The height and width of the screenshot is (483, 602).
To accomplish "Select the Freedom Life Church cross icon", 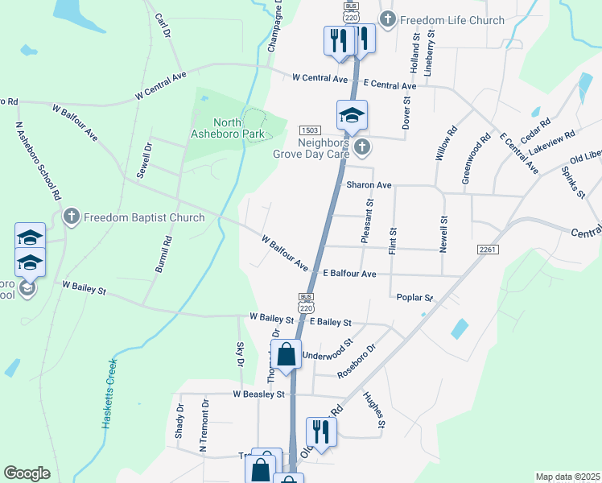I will point(388,20).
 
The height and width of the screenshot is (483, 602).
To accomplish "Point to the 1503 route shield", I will point(310,130).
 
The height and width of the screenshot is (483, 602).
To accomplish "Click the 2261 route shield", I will point(488,250).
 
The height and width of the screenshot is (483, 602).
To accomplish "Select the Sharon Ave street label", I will point(369,185).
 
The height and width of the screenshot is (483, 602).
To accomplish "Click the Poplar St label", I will point(415,297).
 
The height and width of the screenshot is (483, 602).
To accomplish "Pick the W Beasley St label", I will point(259,394).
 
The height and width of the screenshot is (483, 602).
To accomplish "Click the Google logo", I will point(27,473).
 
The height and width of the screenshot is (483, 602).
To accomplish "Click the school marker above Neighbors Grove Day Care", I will point(352,115).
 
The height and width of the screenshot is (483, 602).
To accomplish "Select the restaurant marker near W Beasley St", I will point(321,431).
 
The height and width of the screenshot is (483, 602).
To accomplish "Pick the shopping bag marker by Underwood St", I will point(286,354).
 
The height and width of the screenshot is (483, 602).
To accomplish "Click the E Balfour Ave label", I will point(349,274).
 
